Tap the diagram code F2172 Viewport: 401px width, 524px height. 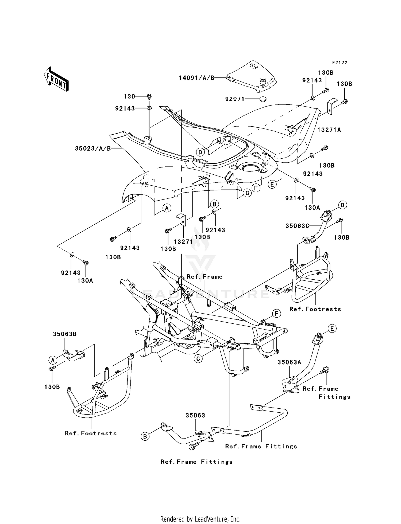[340, 63]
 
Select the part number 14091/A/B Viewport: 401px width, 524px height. [196, 78]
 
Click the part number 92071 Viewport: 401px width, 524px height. [235, 99]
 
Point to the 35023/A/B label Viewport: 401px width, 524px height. [93, 148]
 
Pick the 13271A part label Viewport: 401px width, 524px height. [329, 130]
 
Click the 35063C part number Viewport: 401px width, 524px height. [297, 226]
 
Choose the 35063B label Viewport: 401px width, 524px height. [65, 334]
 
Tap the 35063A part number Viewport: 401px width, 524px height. [289, 362]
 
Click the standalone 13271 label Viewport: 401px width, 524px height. [183, 241]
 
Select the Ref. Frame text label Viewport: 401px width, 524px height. [205, 277]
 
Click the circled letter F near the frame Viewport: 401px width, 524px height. [276, 313]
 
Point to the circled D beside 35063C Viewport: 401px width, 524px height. [342, 205]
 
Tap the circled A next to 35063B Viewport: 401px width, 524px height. [53, 360]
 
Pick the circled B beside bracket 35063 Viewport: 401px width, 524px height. [145, 436]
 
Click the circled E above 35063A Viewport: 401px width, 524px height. [332, 329]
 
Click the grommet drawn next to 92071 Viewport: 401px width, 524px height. [263, 99]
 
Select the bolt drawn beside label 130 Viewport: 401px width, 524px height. [149, 96]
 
